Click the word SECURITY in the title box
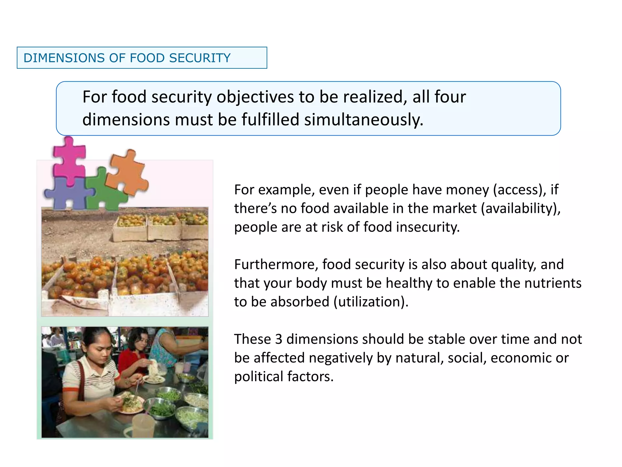coord(200,58)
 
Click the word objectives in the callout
coord(255,97)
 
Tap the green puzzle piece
coord(103,192)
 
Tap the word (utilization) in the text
coord(371,302)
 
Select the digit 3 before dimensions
coord(279,339)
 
